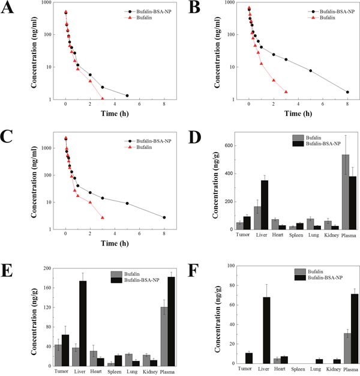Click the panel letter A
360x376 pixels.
8,8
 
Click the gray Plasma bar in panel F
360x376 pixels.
329,348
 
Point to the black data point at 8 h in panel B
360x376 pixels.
347,92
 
